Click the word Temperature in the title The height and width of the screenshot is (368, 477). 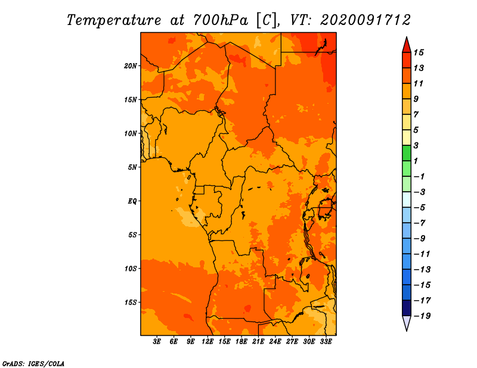[114, 20]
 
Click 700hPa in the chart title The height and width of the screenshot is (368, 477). [221, 20]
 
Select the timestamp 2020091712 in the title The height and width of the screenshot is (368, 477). [366, 20]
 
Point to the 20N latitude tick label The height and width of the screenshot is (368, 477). [131, 66]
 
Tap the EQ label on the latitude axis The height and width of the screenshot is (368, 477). [132, 201]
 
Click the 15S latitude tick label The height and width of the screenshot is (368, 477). [131, 302]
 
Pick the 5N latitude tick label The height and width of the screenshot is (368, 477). [132, 167]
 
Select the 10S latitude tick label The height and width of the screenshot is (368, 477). [131, 269]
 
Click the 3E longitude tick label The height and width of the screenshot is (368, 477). [157, 342]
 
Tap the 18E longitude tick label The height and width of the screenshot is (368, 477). [241, 342]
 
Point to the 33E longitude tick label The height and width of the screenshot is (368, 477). [326, 342]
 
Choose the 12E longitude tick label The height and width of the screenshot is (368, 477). [207, 342]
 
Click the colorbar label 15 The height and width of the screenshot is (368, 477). [419, 52]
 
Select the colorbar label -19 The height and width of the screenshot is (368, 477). [422, 316]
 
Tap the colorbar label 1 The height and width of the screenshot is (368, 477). [416, 161]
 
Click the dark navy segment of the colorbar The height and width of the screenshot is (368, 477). [407, 308]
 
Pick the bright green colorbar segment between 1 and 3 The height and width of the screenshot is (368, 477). [407, 153]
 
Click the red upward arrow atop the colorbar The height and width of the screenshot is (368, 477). [407, 45]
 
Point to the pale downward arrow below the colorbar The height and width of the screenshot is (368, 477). [407, 323]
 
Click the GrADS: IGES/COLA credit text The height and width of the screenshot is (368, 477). [33, 364]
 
